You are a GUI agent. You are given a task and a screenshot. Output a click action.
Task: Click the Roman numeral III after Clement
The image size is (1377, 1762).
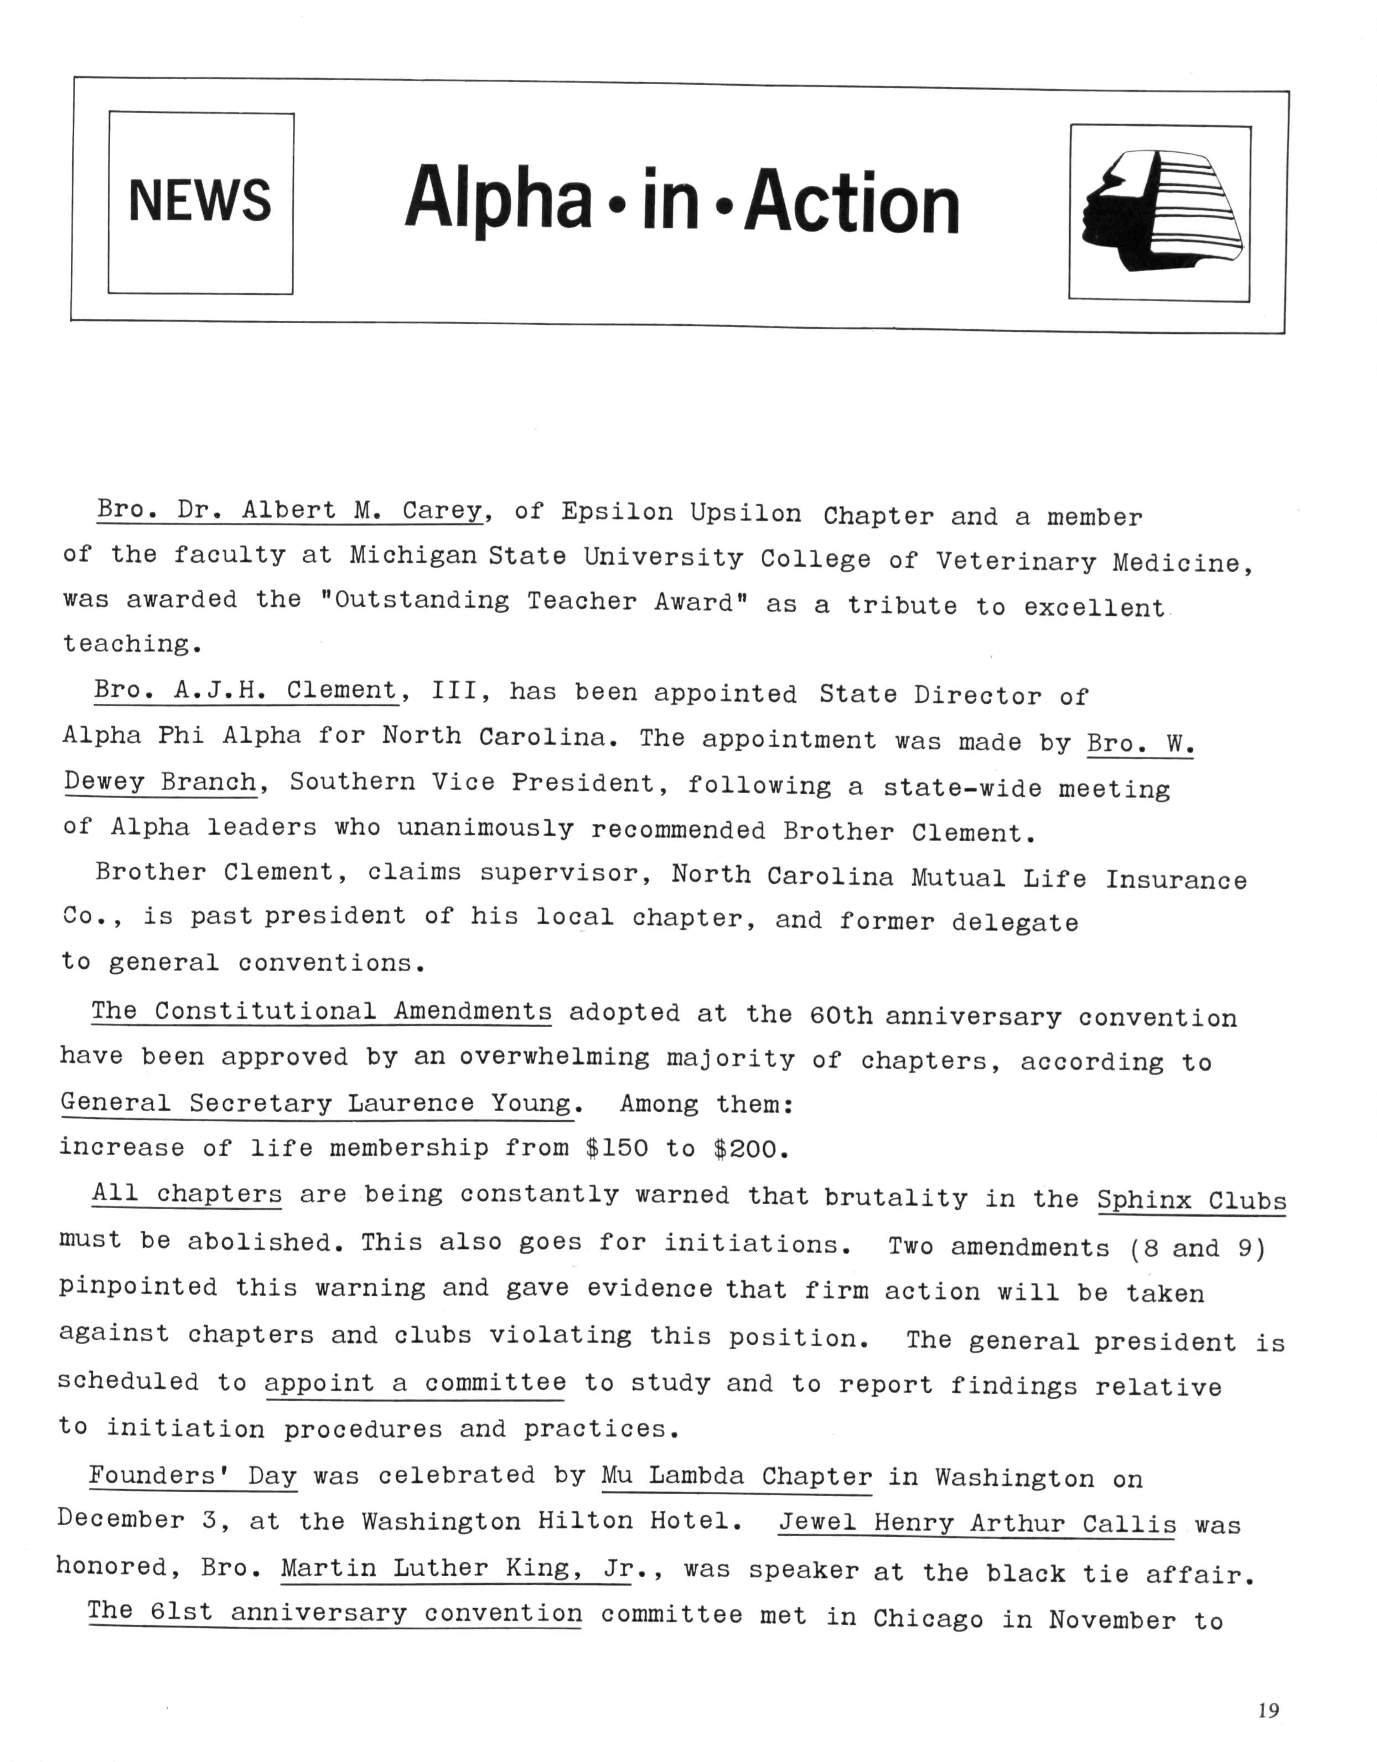point(456,691)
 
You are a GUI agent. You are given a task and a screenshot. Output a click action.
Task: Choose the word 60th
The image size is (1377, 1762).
point(841,1015)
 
